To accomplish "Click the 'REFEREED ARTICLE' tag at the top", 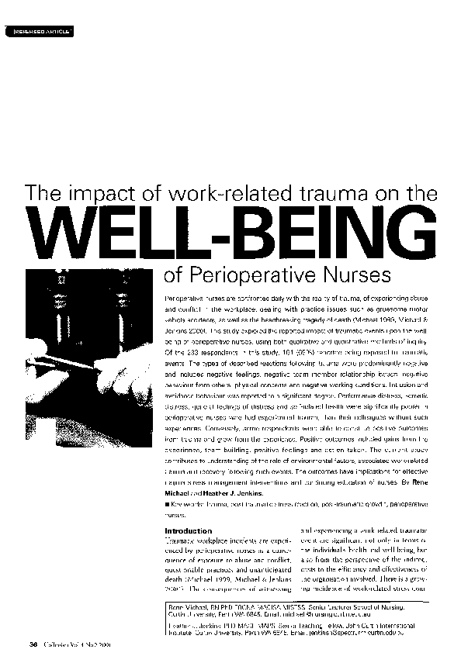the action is tap(43, 31).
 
